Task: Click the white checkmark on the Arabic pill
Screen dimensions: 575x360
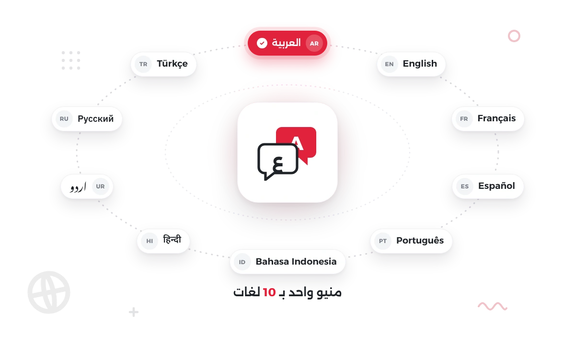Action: [x=262, y=43]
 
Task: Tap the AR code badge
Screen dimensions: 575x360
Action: [x=314, y=44]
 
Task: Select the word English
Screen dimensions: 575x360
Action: [x=420, y=64]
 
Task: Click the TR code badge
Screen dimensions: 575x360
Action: [x=143, y=64]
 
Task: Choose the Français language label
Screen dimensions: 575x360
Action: [x=496, y=118]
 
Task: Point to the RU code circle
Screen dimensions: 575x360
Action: [x=64, y=119]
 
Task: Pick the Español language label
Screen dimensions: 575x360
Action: [x=496, y=186]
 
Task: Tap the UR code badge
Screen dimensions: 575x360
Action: [x=100, y=186]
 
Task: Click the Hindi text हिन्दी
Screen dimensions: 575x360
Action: [x=172, y=239]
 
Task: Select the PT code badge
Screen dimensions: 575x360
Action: [x=383, y=241]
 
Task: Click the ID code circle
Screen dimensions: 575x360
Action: [x=242, y=262]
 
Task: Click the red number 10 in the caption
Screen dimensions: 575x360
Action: [x=269, y=292]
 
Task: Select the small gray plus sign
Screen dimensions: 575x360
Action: [x=134, y=312]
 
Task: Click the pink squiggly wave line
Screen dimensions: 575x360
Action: [x=493, y=306]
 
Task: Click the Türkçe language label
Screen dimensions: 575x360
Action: [x=172, y=64]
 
